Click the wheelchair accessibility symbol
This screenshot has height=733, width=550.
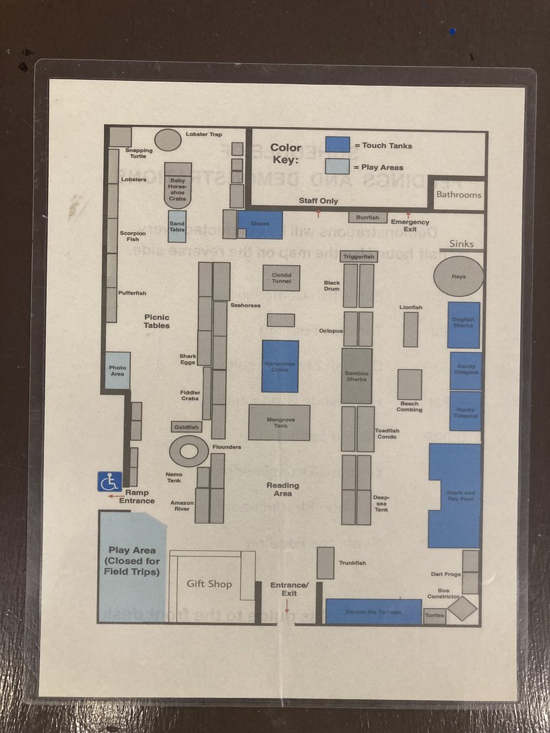tap(109, 481)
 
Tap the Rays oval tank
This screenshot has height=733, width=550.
tap(459, 276)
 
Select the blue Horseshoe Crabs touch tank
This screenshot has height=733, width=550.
tap(280, 366)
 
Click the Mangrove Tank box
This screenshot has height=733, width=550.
tap(279, 422)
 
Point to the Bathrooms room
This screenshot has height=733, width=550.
tap(458, 195)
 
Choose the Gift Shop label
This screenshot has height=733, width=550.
tap(209, 584)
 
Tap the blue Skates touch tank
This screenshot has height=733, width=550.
tap(260, 225)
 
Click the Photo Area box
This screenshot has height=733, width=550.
tap(117, 371)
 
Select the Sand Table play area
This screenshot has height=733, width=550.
tap(177, 227)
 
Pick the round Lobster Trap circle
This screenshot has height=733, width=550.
tap(168, 140)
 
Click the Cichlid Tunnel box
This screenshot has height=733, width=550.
tap(281, 277)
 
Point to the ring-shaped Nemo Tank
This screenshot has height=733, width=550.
tap(188, 451)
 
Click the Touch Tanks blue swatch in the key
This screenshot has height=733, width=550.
tap(337, 145)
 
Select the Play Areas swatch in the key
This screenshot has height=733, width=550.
tap(337, 167)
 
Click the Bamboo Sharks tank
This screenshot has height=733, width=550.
tap(356, 375)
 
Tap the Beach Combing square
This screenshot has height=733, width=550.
tap(409, 384)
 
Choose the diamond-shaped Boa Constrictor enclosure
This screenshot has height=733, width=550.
tap(463, 608)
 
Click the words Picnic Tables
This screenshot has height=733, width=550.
tap(157, 321)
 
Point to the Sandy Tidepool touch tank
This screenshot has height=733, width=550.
tap(466, 371)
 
